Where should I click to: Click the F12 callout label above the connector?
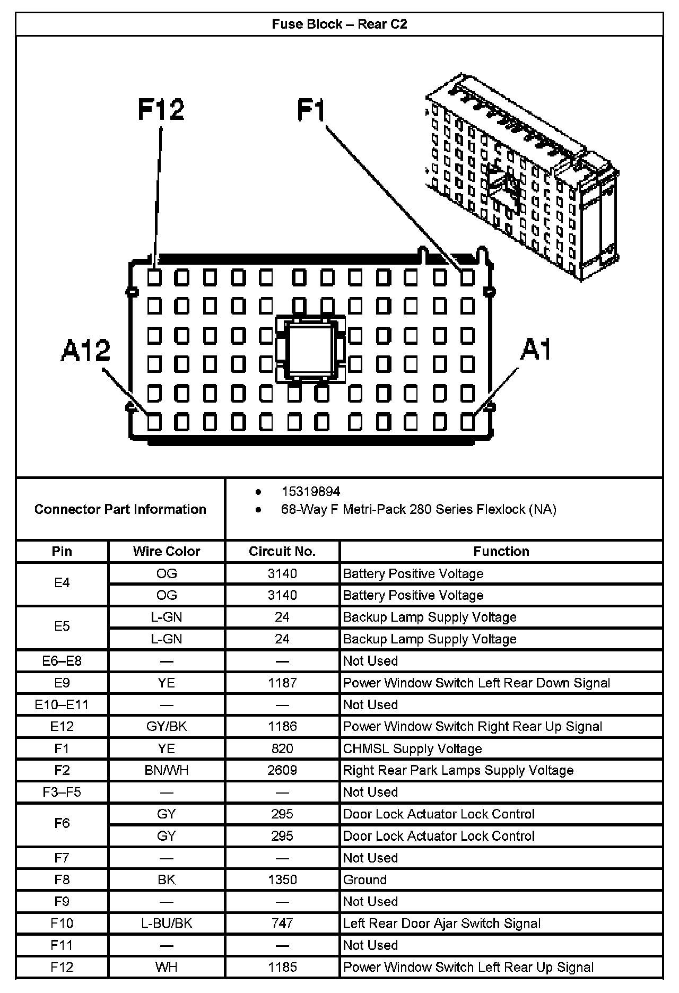tap(161, 109)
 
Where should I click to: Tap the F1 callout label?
tap(311, 110)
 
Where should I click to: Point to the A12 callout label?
tap(85, 351)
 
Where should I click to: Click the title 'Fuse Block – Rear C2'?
tap(339, 24)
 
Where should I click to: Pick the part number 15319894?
tap(311, 492)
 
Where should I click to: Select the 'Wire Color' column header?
tap(167, 551)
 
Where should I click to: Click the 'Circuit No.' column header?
tap(282, 551)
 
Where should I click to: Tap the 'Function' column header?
tap(501, 551)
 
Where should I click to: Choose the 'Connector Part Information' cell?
tap(120, 509)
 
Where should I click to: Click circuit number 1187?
tap(282, 683)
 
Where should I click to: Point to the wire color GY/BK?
tap(167, 726)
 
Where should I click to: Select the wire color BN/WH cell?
tap(167, 770)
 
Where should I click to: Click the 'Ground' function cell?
tap(365, 879)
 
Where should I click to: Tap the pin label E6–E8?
tap(62, 661)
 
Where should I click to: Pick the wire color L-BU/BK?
tap(167, 924)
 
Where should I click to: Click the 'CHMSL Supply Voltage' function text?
tap(413, 748)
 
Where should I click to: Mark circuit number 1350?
tap(282, 879)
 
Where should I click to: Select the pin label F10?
tap(62, 924)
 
